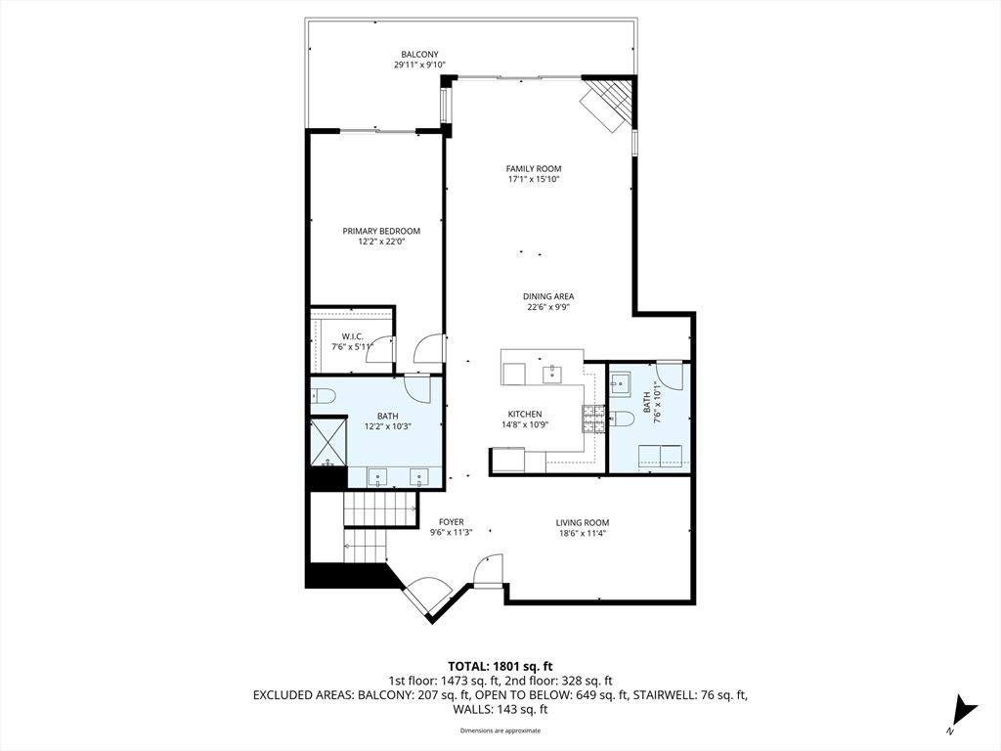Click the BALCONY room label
pos(419,54)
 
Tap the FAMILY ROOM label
pos(534,168)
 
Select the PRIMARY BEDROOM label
pos(381,231)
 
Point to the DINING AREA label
pos(548,296)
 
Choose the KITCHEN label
pos(524,415)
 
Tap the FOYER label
pos(451,522)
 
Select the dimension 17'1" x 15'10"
pos(534,179)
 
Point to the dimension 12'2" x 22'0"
pos(381,242)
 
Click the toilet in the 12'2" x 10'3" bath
pos(323,396)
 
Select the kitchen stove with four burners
pos(592,419)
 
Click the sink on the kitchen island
pos(552,374)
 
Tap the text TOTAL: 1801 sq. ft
pos(500,667)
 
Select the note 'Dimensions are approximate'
pos(500,730)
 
